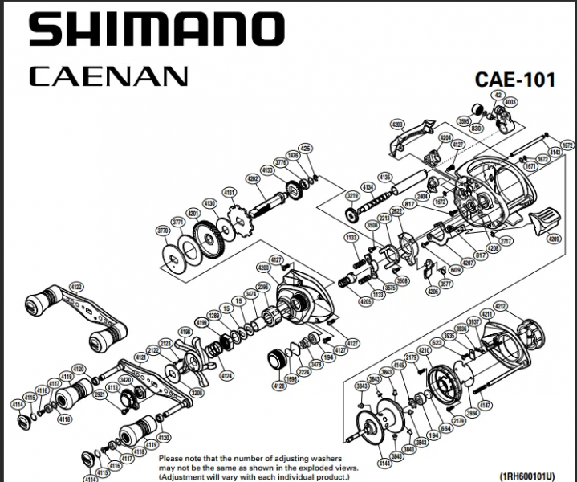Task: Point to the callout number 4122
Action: pyautogui.click(x=76, y=287)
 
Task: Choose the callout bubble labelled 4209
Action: pyautogui.click(x=554, y=239)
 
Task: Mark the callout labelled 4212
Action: pyautogui.click(x=502, y=306)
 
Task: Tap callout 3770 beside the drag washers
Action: pyautogui.click(x=163, y=231)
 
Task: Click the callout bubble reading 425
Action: pyautogui.click(x=304, y=149)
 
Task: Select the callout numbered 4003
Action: pyautogui.click(x=511, y=102)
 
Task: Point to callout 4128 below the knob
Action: pyautogui.click(x=278, y=387)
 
